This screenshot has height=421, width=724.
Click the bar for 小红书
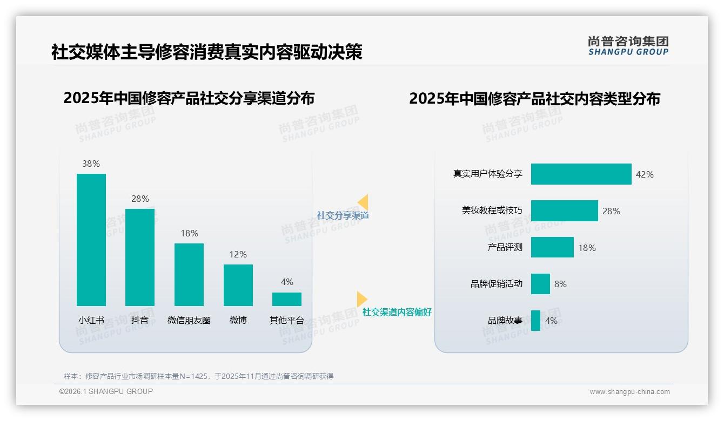tap(91, 240)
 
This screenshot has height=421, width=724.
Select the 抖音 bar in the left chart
tap(140, 257)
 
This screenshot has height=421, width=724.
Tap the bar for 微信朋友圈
tap(189, 275)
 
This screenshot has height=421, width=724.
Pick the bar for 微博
tap(238, 285)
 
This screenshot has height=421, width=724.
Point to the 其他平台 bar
tap(287, 299)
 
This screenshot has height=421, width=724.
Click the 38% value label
tap(91, 164)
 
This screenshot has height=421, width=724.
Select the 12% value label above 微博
tap(238, 254)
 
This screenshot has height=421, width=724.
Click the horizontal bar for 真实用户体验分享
tap(581, 174)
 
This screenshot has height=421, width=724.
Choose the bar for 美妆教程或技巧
tap(564, 210)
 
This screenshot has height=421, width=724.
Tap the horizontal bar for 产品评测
tap(552, 247)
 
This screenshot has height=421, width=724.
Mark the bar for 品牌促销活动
tap(540, 284)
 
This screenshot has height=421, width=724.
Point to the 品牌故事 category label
tap(505, 321)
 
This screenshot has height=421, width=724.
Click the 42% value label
tap(645, 174)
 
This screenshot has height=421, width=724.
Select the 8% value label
tap(561, 284)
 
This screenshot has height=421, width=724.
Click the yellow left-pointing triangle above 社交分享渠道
tap(364, 202)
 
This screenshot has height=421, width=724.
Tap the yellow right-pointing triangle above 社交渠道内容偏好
tap(361, 298)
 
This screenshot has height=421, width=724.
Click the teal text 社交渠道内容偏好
tap(397, 312)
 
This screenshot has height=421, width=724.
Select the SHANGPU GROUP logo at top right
tap(628, 46)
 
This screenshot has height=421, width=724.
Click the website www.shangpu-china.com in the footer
tap(629, 392)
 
